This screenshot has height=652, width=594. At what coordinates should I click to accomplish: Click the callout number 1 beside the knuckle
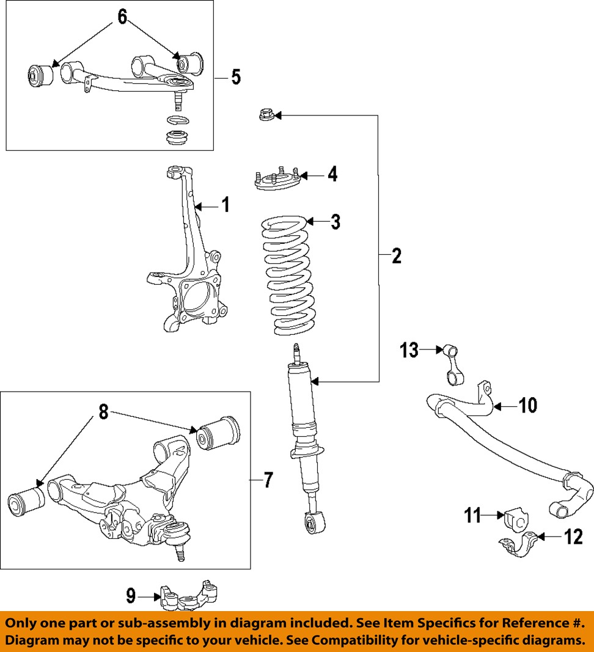click(226, 205)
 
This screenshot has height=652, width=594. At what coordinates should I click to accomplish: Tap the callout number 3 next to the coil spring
click(335, 222)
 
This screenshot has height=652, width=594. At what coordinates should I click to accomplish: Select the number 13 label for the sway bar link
click(409, 350)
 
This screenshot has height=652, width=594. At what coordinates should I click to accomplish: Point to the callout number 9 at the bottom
click(131, 596)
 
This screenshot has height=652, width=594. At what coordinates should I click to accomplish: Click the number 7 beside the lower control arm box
click(268, 481)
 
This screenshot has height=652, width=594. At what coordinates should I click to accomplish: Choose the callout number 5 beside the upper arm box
click(236, 77)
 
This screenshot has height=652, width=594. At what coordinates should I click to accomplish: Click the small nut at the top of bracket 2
click(266, 114)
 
